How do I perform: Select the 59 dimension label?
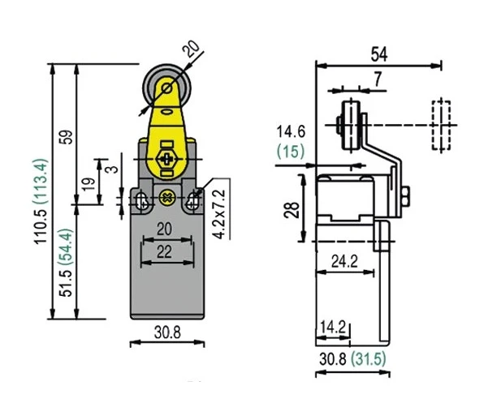[68, 137]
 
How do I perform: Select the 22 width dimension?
[164, 252]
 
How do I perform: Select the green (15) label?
[290, 151]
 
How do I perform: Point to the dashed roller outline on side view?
[441, 125]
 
